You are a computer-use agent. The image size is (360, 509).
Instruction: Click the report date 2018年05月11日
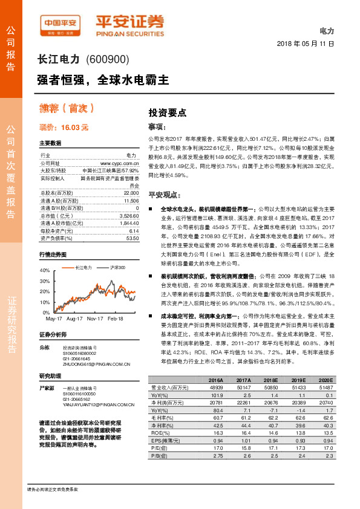pos(305,44)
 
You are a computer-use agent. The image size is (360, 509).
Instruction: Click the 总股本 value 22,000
pos(131,191)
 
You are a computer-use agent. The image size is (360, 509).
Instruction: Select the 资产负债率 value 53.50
pos(132,238)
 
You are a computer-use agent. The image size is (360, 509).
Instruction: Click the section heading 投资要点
pos(168,112)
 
